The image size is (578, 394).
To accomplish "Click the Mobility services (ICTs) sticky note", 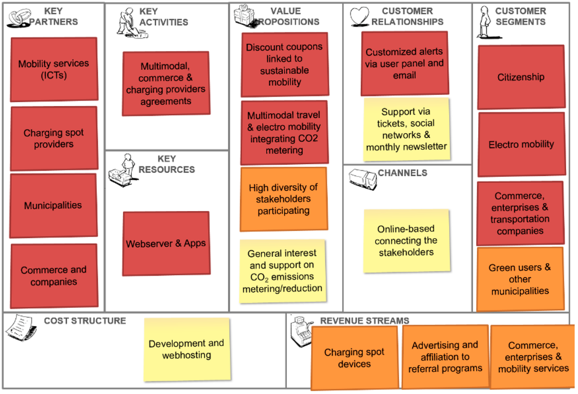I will (x=54, y=69).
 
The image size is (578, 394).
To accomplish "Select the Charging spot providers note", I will (x=54, y=138).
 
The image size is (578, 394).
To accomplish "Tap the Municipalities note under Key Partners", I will (x=53, y=205).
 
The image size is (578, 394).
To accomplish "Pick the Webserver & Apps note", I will (x=166, y=244).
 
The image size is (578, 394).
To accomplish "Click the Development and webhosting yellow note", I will (x=187, y=349).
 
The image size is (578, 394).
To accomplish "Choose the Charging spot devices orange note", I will (x=354, y=358).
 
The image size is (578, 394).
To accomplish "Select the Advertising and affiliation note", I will (x=445, y=357).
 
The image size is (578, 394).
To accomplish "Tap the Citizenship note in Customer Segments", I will (x=521, y=77).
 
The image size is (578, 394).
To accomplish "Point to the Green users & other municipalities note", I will (x=520, y=279).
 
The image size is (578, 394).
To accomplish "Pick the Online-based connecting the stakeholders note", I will (x=406, y=240).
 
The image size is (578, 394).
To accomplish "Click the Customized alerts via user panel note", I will (x=405, y=63).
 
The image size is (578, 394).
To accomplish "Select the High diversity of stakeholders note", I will (x=283, y=199).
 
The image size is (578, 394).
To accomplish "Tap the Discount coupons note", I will (x=284, y=64).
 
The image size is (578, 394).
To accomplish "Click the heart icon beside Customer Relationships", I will (x=359, y=16).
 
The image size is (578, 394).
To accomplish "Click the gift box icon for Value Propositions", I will (x=244, y=15).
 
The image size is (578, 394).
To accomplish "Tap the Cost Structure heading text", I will (x=85, y=321).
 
